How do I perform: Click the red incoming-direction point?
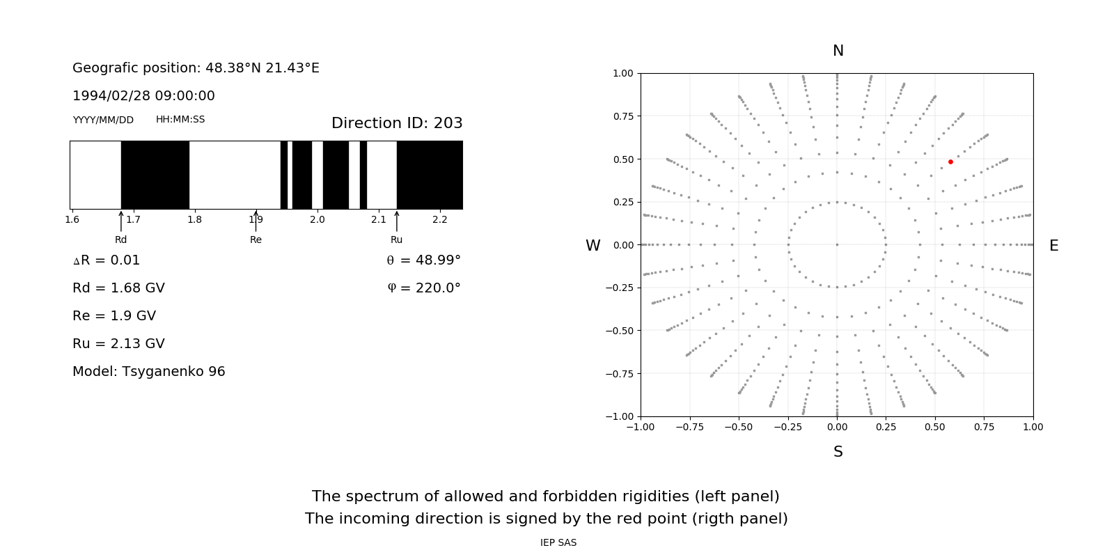click(x=950, y=162)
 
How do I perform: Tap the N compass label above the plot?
click(x=838, y=51)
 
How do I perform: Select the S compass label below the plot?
click(x=838, y=452)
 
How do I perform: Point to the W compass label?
click(x=593, y=246)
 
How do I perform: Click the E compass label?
click(x=1053, y=246)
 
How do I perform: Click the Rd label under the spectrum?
click(x=120, y=240)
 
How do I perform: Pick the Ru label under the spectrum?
click(x=396, y=240)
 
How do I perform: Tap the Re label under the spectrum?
click(x=256, y=240)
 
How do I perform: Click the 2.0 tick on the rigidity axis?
click(x=317, y=219)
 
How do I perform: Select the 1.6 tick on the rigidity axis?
click(x=72, y=219)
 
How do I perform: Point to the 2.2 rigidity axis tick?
click(x=440, y=219)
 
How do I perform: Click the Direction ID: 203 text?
click(x=397, y=123)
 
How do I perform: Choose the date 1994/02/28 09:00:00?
click(x=143, y=96)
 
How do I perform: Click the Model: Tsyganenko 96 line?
click(x=149, y=372)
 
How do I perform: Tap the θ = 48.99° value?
click(x=423, y=260)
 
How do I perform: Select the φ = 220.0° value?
click(x=424, y=288)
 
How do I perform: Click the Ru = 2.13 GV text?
click(x=118, y=344)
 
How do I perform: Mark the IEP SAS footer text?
click(x=558, y=542)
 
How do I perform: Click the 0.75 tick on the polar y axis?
click(x=623, y=116)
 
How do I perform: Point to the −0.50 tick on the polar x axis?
click(x=738, y=427)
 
